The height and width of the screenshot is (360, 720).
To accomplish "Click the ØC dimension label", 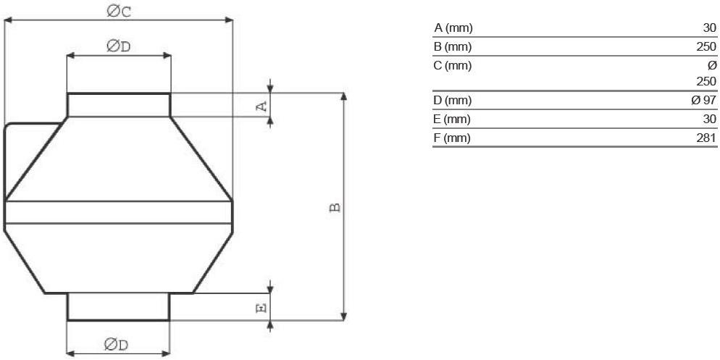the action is [x=119, y=11].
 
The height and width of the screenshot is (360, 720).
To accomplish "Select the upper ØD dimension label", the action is [x=119, y=46].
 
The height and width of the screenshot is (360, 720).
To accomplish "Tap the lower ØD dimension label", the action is [x=116, y=344].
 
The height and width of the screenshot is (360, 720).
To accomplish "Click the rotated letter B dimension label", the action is [x=335, y=207].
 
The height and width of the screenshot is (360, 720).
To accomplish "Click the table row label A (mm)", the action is [x=453, y=28].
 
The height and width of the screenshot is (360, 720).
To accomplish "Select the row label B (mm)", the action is [x=453, y=47].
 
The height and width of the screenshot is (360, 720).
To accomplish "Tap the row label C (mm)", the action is [x=453, y=66].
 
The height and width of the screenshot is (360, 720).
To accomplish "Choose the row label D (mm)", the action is [x=453, y=100].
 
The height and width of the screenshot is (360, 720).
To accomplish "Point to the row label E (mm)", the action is [x=452, y=120].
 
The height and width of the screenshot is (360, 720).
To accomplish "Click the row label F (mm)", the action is [x=452, y=138].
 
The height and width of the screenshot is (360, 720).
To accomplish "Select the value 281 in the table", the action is [x=707, y=138].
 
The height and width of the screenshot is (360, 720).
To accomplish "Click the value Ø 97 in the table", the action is [x=704, y=100].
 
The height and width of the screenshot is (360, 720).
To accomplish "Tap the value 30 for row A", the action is [x=709, y=28].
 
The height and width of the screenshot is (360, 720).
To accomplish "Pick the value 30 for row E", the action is [x=709, y=120].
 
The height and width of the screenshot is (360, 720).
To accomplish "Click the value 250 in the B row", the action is [x=707, y=47].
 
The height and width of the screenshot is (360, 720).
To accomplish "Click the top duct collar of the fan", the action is [x=119, y=105].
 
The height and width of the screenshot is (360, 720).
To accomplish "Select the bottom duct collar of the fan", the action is [x=119, y=306].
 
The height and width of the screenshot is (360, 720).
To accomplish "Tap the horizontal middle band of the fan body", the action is [x=119, y=212].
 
